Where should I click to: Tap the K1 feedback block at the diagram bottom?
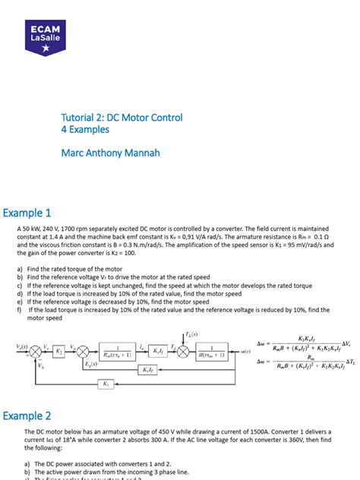click(x=106, y=384)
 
